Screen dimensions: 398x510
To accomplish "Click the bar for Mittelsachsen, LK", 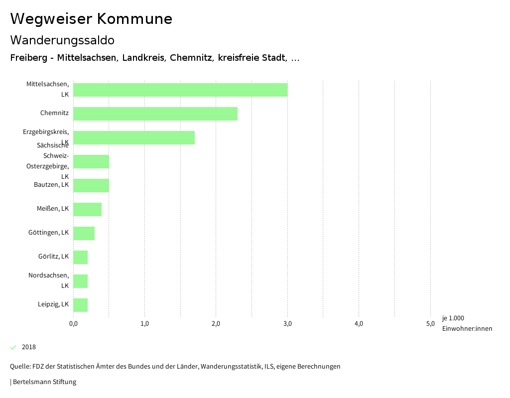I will coord(180,90).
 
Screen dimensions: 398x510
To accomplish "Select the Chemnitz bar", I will coord(155,114).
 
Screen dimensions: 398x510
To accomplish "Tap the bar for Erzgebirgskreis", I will coord(134,137).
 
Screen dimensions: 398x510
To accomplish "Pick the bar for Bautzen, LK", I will coord(91,185).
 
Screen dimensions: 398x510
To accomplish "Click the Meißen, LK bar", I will coord(88,209).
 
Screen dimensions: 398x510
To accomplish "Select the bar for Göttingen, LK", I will coord(84,233).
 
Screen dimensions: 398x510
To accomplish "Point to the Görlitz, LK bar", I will coord(81,257).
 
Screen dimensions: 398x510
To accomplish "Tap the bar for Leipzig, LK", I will coord(81,305).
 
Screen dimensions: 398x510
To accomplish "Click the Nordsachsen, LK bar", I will coord(81,281).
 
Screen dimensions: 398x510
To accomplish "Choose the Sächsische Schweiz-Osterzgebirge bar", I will coord(91,161).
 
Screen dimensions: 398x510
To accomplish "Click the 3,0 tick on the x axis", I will coord(287,324).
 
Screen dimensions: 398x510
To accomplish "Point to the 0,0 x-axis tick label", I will coord(73,324).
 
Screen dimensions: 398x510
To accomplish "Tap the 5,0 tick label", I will coord(430,324).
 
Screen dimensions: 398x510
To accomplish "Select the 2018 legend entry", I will coord(28,347).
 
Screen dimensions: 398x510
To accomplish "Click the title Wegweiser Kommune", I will coord(91,19).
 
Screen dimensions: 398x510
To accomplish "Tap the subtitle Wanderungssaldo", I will coord(62,40).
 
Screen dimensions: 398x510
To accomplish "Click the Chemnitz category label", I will coord(54,113).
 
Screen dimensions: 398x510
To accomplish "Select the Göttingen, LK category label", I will coord(48,233).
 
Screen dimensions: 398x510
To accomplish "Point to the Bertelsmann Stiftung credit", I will coord(44,382).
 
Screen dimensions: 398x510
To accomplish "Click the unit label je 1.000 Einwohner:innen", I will coord(467,323).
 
